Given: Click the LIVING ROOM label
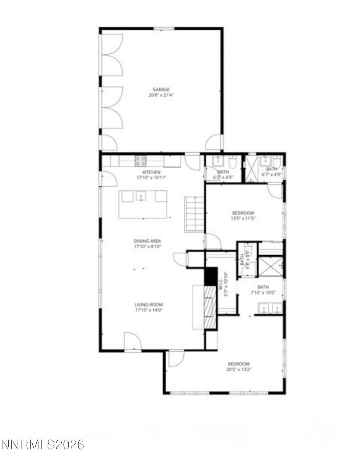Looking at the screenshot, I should [149, 305].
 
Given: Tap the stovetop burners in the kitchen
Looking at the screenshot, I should [141, 161].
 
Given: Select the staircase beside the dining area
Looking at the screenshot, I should [194, 214].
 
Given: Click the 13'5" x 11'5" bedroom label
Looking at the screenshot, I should [243, 213].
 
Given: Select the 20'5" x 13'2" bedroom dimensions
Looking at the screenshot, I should [238, 370].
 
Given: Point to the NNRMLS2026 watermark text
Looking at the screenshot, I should [43, 445].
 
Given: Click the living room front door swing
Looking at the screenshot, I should [132, 341].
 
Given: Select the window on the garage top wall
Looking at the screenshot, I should [164, 28].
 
